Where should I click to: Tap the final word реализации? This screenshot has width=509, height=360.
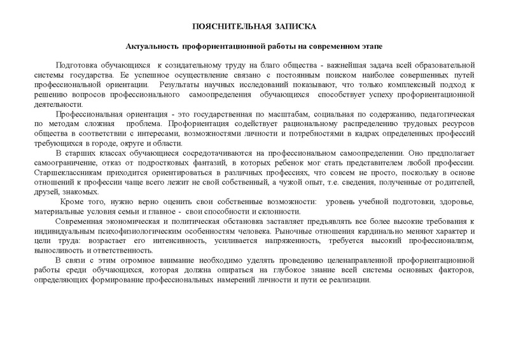[349, 281]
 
